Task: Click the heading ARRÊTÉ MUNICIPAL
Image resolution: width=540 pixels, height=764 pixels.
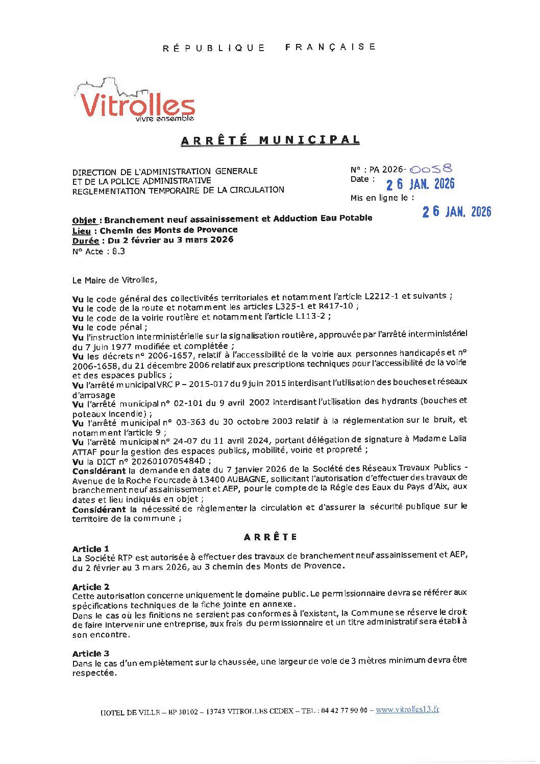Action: pos(270,140)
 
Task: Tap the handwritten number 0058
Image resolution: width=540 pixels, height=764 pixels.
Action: pos(431,169)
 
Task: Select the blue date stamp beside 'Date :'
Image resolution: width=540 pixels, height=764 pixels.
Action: pos(420,184)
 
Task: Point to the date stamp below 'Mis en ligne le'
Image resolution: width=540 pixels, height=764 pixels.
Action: pos(456,212)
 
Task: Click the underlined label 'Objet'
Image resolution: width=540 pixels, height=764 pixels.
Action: pos(84,221)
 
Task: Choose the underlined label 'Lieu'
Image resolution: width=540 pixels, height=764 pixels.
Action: pos(82,231)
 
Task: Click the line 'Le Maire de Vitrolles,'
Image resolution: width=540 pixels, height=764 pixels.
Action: pos(115,280)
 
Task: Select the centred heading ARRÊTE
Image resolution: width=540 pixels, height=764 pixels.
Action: pos(270,537)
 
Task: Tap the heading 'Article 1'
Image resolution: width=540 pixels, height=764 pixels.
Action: pos(90,548)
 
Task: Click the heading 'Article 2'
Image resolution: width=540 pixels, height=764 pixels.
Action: pos(90,587)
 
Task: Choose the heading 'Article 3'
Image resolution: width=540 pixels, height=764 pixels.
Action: pos(90,653)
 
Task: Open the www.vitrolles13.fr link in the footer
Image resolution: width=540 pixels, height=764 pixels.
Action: pos(407,709)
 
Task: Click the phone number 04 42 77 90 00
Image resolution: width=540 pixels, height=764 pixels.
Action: pos(345,710)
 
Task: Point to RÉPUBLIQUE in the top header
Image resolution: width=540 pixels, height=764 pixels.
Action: pos(214,48)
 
